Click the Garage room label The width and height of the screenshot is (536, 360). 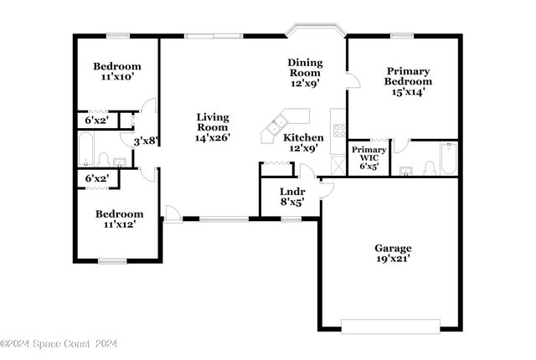point(392,248)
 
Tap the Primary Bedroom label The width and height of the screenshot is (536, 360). point(408,76)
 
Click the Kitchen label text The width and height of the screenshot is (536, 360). point(303,137)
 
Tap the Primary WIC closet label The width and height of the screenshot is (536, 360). point(368,154)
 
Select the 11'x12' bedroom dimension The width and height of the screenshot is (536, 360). point(116,224)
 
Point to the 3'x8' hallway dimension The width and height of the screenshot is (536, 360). point(147,141)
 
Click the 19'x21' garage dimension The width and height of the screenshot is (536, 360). point(392,259)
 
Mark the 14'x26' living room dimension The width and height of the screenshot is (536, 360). point(213,136)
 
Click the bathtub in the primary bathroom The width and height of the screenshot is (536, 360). point(447,159)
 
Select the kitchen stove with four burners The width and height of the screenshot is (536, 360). point(339,130)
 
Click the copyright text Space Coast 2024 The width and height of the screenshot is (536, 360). point(59,343)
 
